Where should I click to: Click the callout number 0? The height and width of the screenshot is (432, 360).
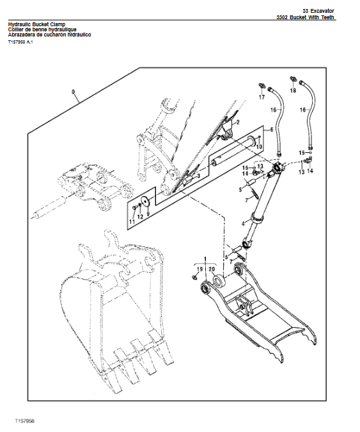click(74, 92)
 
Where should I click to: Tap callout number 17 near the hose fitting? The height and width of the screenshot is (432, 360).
click(262, 98)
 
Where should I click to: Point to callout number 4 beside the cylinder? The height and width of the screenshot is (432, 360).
click(242, 223)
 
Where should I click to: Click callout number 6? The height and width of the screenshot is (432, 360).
click(272, 129)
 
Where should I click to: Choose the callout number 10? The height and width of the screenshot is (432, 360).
click(260, 147)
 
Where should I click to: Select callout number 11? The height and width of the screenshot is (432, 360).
click(132, 221)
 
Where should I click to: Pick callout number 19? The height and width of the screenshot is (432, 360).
click(199, 269)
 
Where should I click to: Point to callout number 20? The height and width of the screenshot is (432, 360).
click(212, 269)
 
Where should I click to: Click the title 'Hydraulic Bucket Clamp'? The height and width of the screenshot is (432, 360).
click(38, 24)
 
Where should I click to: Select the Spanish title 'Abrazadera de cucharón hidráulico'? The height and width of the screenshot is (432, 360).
click(49, 35)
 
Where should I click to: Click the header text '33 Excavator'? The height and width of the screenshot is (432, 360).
click(319, 10)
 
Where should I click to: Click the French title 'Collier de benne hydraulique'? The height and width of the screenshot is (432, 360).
click(45, 29)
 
